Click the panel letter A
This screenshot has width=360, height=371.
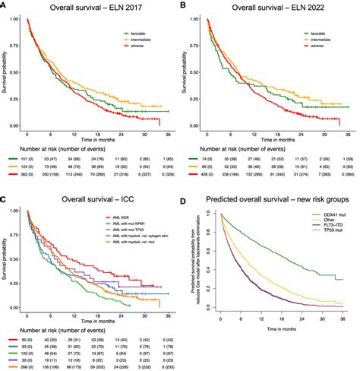coord(5,5)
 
